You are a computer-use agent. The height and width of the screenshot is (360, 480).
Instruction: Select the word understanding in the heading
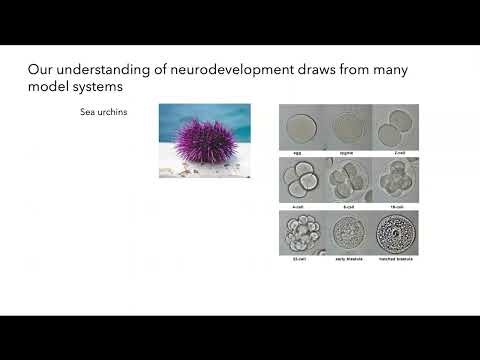click(x=100, y=71)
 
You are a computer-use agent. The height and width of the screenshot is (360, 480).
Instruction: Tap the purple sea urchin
click(x=205, y=140)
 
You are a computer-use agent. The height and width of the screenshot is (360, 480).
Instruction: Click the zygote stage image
click(x=348, y=127)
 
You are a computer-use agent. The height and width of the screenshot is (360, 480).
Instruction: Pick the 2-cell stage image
click(x=397, y=127)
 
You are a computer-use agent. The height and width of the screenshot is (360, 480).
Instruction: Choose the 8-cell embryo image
click(x=348, y=180)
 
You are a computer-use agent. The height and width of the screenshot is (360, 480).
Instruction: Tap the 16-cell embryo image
click(x=397, y=180)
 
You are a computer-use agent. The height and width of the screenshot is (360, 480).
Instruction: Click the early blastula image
click(x=348, y=234)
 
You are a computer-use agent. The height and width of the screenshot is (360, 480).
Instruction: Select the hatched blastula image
click(x=397, y=234)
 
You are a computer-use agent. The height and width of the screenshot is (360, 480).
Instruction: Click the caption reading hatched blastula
click(x=397, y=260)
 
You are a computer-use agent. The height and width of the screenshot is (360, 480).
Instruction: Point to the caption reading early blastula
click(x=348, y=260)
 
